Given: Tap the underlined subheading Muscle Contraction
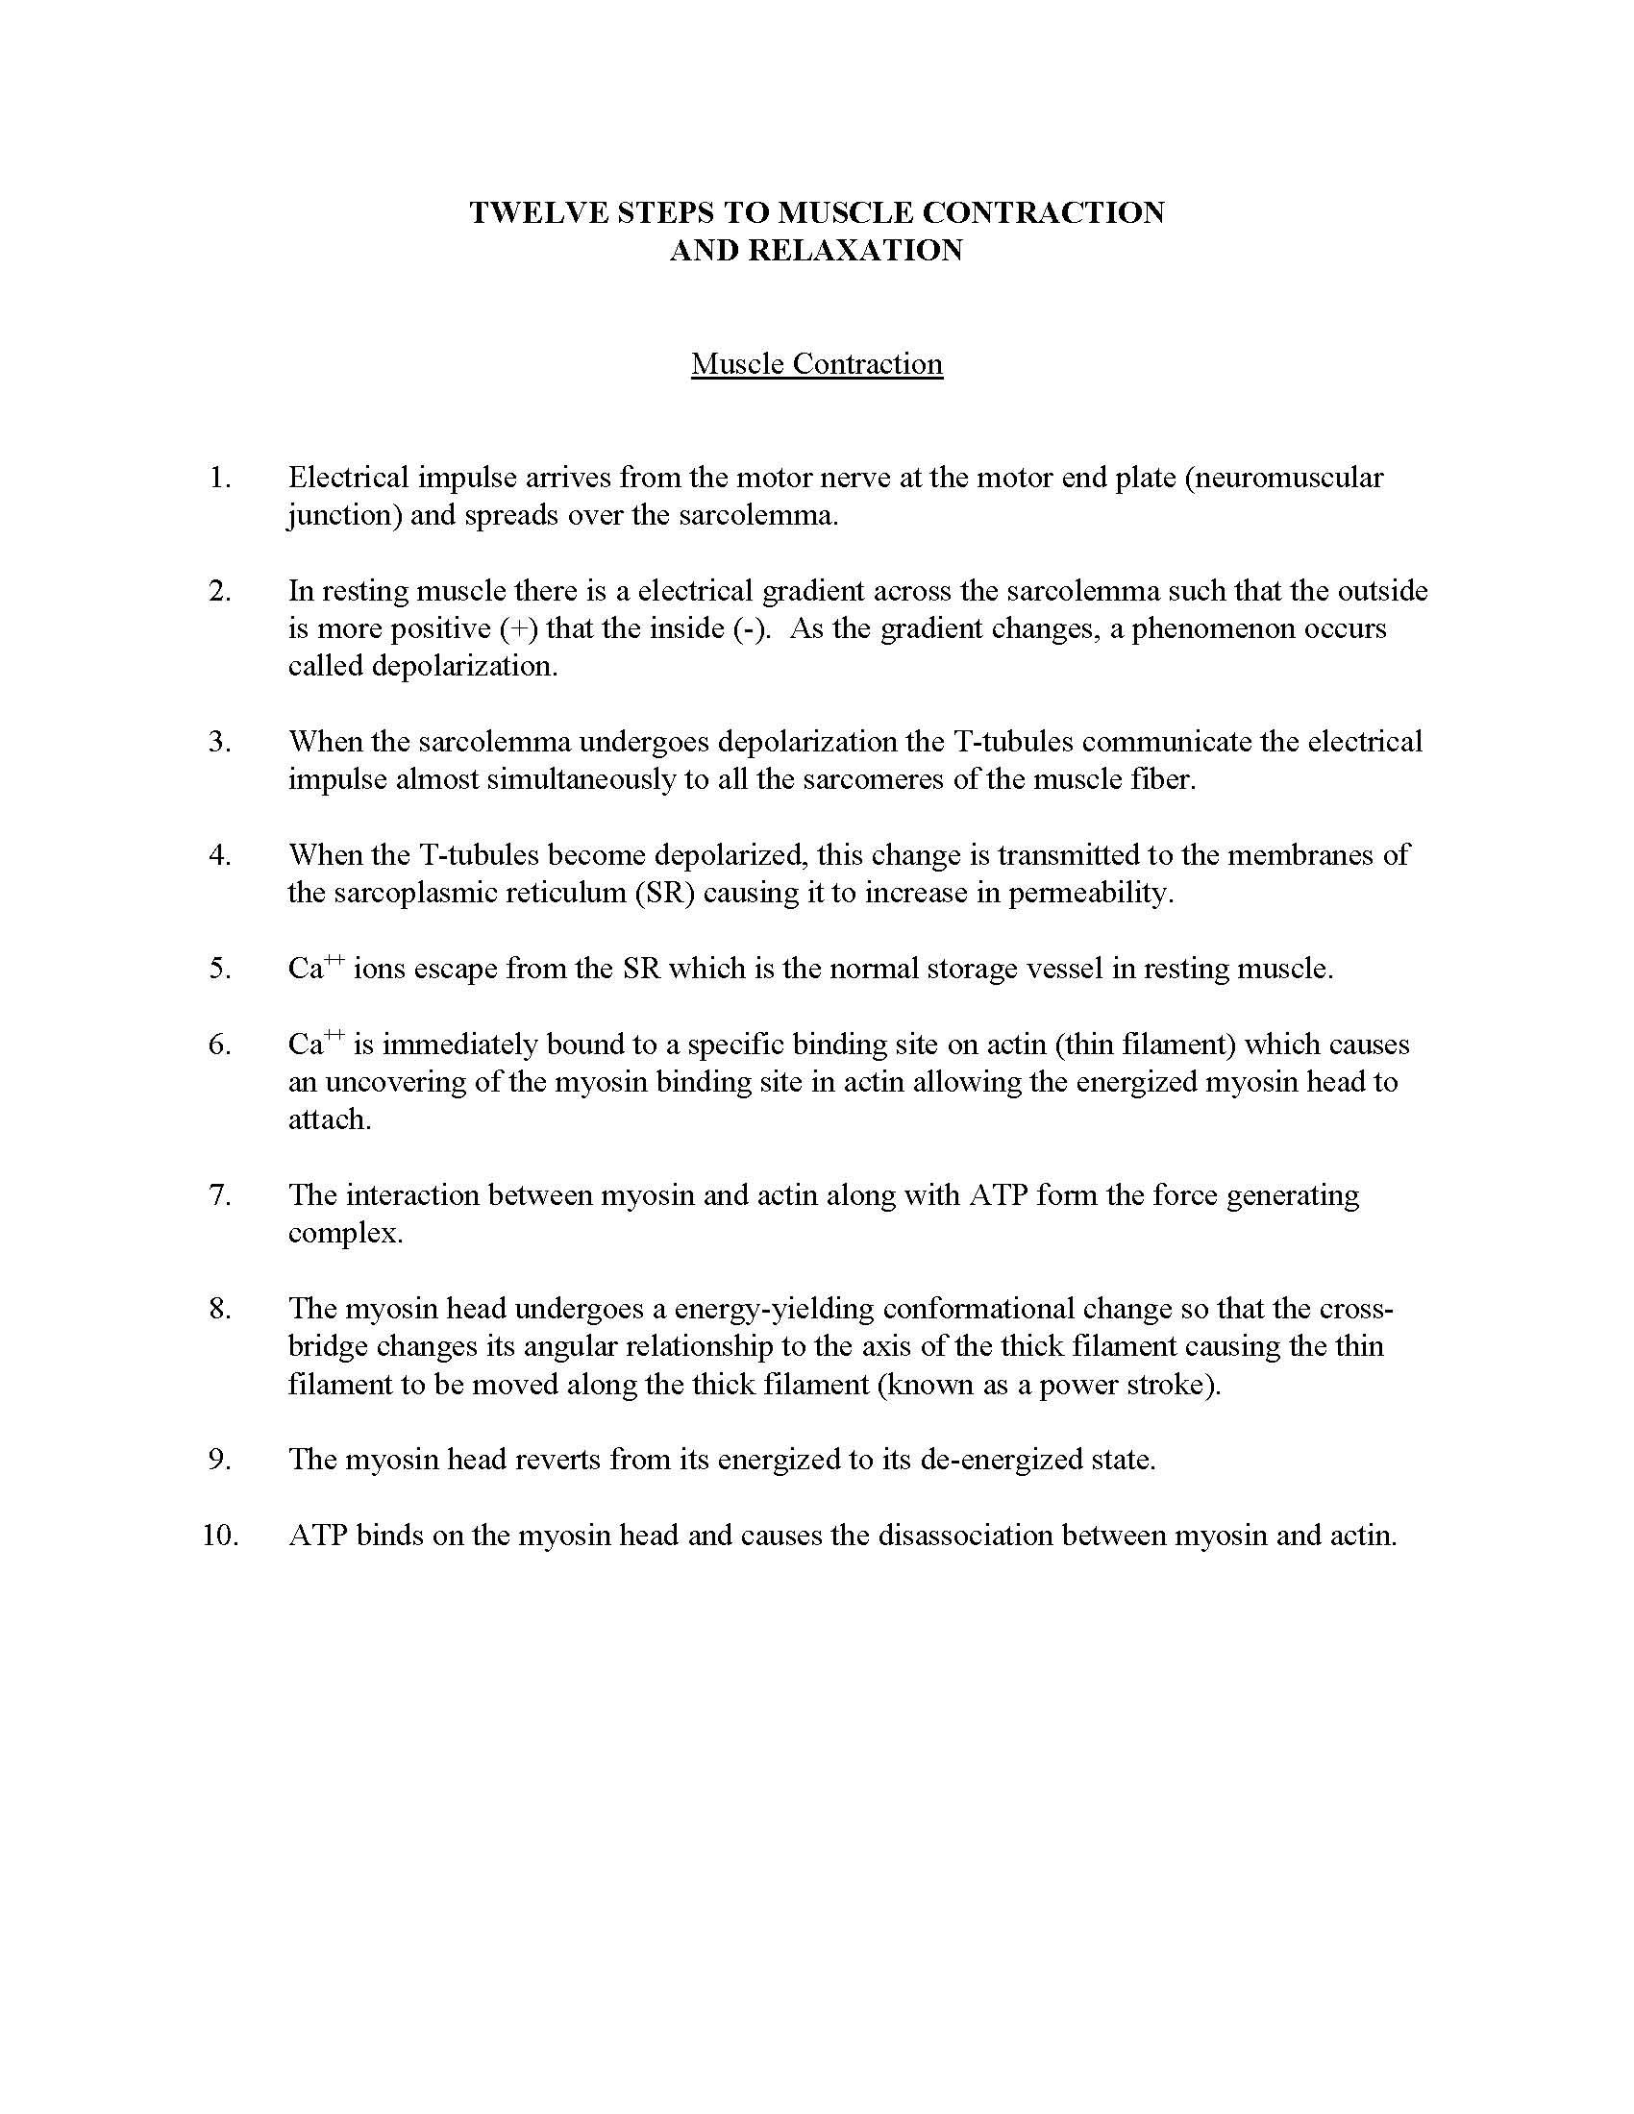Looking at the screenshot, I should coord(817,364).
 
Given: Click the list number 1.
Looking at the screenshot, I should coord(220,478).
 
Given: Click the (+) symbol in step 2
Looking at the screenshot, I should coord(519,629).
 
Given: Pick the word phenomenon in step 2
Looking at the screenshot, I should coord(1214,629).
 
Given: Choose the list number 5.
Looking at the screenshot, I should coord(220,969).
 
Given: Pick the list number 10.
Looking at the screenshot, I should coord(220,1536).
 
